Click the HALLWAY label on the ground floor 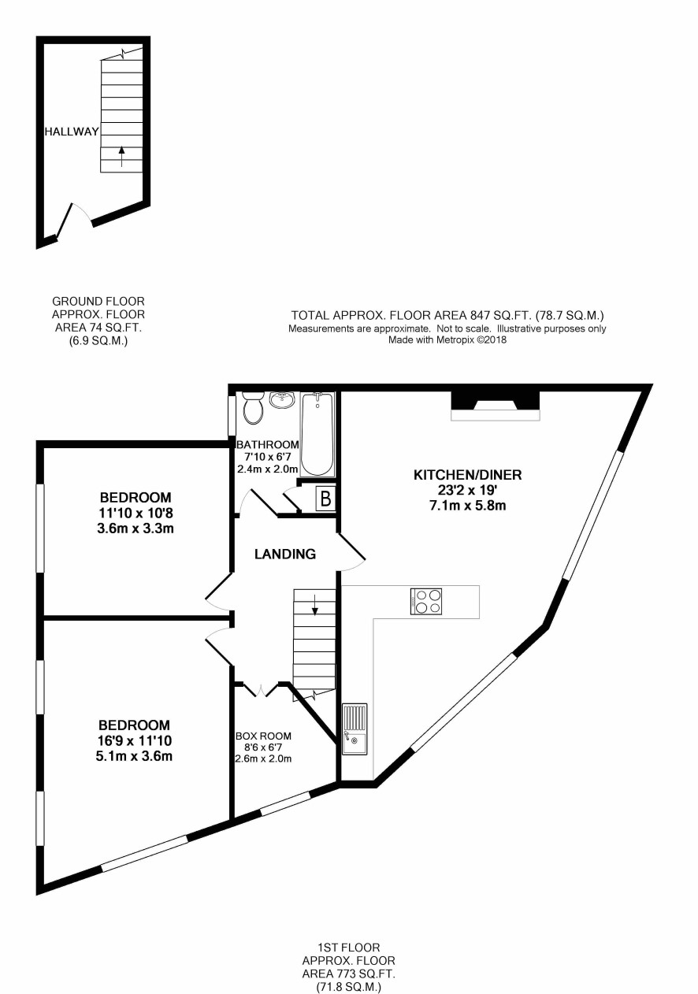72,132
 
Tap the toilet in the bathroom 253,407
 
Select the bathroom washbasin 282,400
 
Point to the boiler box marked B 325,499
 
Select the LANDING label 285,554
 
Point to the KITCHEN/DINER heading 468,475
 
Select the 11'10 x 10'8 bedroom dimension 136,513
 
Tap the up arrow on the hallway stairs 121,156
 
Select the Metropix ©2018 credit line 447,340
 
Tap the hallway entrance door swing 73,220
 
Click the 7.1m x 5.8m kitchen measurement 468,505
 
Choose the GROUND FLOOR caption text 98,302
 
